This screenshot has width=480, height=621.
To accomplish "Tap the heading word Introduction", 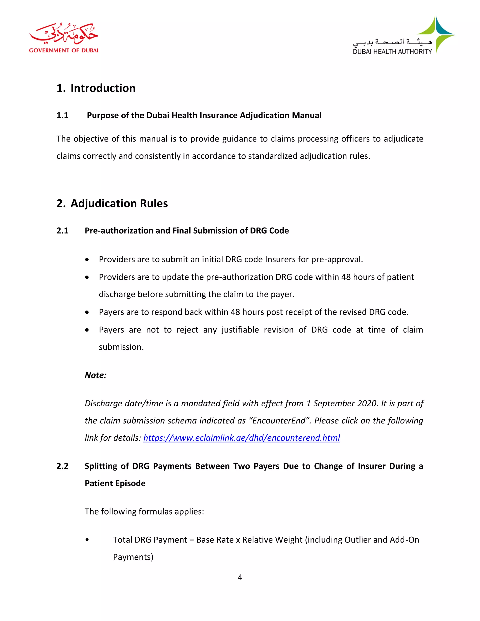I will (103, 88).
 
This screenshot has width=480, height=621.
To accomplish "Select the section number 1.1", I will (62, 116).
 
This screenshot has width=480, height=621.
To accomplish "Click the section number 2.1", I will (62, 231).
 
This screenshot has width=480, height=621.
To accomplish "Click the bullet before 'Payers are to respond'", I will (87, 312).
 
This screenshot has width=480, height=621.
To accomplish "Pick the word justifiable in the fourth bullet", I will (240, 330).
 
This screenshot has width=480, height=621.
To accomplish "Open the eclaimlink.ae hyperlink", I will (241, 438).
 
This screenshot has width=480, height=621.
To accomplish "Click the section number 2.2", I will (62, 466).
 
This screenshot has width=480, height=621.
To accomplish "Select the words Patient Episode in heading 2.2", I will (115, 483).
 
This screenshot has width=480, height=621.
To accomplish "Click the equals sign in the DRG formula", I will (192, 540).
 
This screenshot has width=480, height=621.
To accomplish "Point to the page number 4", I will (240, 577).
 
